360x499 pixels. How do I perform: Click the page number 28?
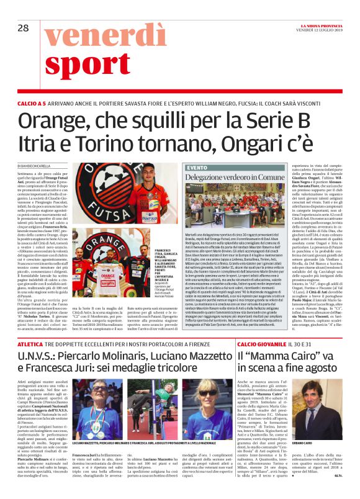point(24,27)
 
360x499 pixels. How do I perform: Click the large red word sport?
point(96,65)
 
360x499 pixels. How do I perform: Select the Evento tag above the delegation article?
point(197,168)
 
